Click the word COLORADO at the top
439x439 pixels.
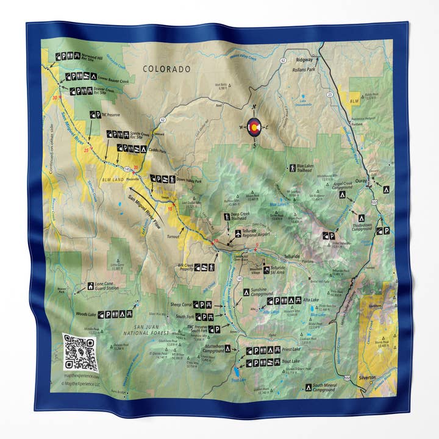click(166, 70)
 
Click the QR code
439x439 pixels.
click(80, 352)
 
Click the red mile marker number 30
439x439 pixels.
click(55, 98)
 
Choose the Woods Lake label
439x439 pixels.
click(85, 314)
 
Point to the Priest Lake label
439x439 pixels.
click(291, 351)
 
